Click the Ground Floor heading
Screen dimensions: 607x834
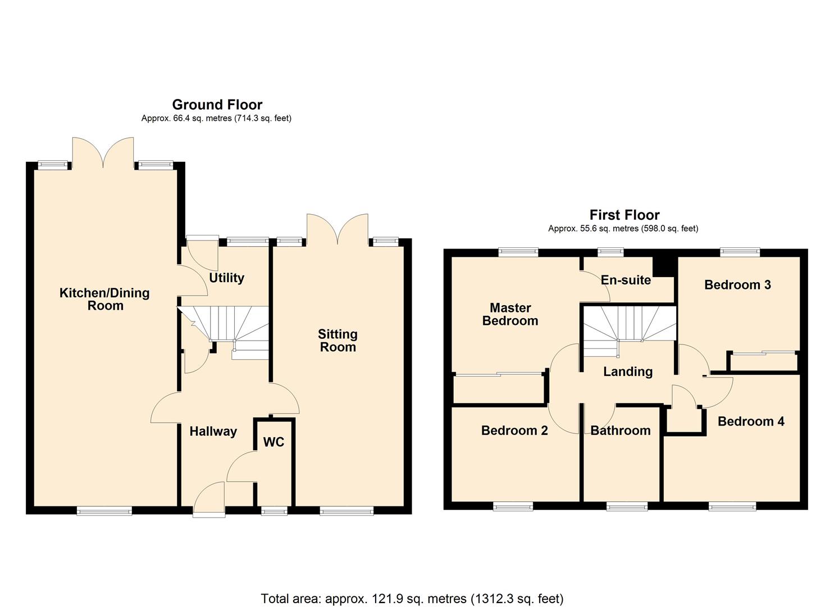click(x=217, y=105)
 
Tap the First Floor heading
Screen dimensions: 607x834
click(x=624, y=215)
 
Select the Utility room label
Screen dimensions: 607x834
click(x=226, y=278)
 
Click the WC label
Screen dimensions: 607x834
click(x=274, y=442)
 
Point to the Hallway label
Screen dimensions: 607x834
click(x=213, y=431)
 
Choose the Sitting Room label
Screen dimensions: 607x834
click(x=338, y=341)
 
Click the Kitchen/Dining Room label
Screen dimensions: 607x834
click(x=104, y=299)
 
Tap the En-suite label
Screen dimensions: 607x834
click(x=626, y=280)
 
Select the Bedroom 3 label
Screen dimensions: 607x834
click(x=737, y=285)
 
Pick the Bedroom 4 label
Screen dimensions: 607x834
click(x=751, y=422)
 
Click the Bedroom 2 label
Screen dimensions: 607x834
click(x=514, y=431)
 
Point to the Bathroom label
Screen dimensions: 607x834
click(x=620, y=431)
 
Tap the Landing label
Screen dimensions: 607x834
click(x=627, y=372)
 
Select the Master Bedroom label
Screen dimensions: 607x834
click(x=510, y=314)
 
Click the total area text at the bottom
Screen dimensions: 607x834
click(x=412, y=599)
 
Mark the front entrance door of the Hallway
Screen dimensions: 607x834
click(x=208, y=500)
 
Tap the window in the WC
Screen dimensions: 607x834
click(x=274, y=511)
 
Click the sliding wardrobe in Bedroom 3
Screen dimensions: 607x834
click(x=763, y=361)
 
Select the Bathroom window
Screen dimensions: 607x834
click(x=627, y=506)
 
